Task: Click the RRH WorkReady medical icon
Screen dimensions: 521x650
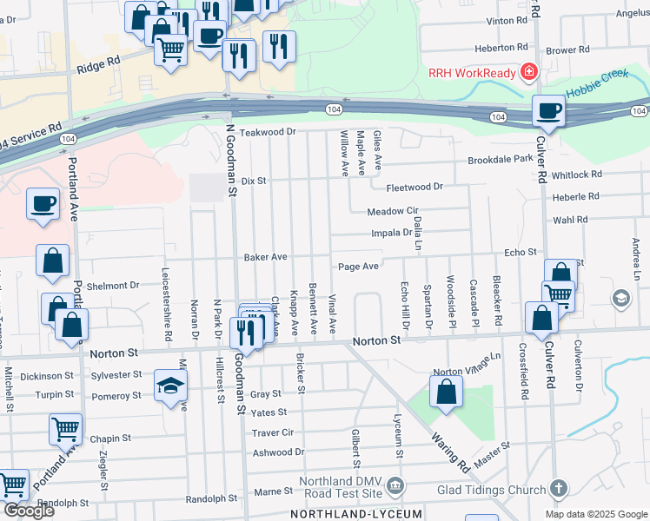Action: point(526,71)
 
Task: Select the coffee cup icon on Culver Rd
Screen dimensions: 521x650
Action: point(549,111)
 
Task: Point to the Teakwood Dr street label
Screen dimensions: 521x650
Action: point(269,132)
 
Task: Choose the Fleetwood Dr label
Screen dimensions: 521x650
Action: point(415,187)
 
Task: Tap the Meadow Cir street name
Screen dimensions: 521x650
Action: point(393,211)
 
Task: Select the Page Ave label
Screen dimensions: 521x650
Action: point(359,267)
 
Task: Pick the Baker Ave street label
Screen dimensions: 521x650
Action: point(265,258)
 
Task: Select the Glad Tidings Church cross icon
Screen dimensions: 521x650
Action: point(558,489)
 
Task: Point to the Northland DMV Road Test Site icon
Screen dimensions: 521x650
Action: point(395,483)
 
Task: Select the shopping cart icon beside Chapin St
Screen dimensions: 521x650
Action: point(66,428)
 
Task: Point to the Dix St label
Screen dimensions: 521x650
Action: point(252,181)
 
